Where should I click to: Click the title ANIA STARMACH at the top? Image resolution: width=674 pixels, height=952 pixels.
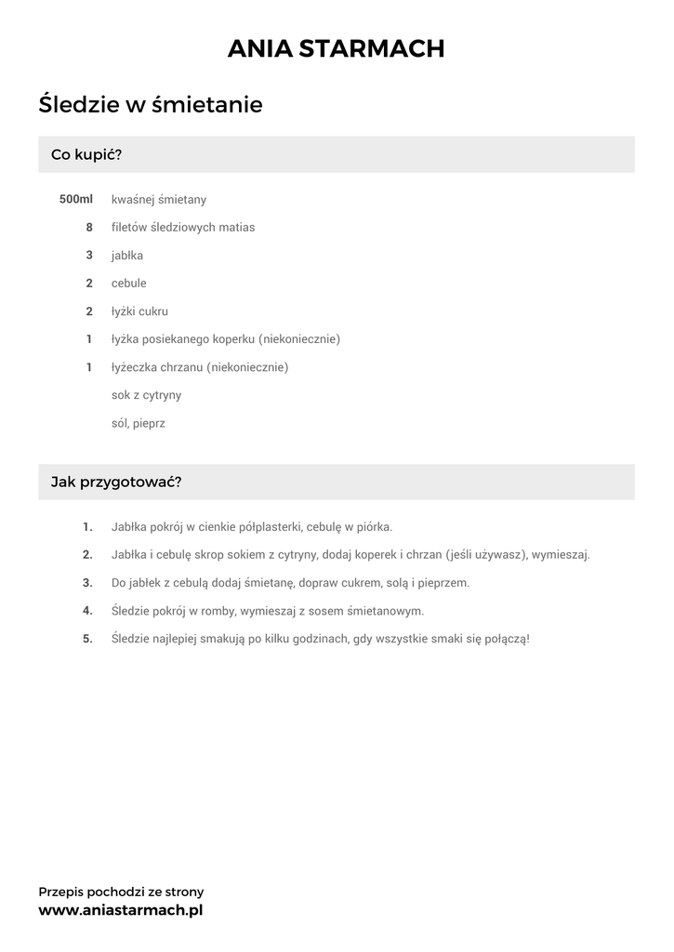(337, 48)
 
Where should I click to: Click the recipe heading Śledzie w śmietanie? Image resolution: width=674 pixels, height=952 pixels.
(151, 105)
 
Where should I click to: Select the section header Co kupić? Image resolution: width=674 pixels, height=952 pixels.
(86, 154)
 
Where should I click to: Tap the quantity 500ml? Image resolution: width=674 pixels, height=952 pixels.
(76, 199)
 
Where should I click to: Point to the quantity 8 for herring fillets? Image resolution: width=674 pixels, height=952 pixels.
(89, 227)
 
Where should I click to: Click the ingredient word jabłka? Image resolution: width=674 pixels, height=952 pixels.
(127, 255)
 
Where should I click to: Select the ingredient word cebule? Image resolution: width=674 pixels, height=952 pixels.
(129, 283)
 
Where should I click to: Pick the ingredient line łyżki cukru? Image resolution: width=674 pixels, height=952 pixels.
(139, 311)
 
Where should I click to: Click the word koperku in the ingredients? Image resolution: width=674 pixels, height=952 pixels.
(236, 339)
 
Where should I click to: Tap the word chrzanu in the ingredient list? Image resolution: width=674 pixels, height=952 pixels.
(182, 367)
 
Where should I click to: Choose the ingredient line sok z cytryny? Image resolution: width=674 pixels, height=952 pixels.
(146, 395)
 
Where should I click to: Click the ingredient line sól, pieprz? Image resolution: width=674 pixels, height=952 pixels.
(138, 423)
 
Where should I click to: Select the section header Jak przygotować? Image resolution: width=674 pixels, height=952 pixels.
(116, 483)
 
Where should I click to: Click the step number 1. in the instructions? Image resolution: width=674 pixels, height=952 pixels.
(87, 527)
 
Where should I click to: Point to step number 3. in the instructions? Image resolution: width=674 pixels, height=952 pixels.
(87, 583)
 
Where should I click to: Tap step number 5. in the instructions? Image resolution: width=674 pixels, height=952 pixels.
(87, 639)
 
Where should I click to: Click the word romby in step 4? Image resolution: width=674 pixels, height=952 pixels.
(217, 611)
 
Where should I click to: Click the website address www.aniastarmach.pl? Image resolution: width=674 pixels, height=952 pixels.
(121, 910)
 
